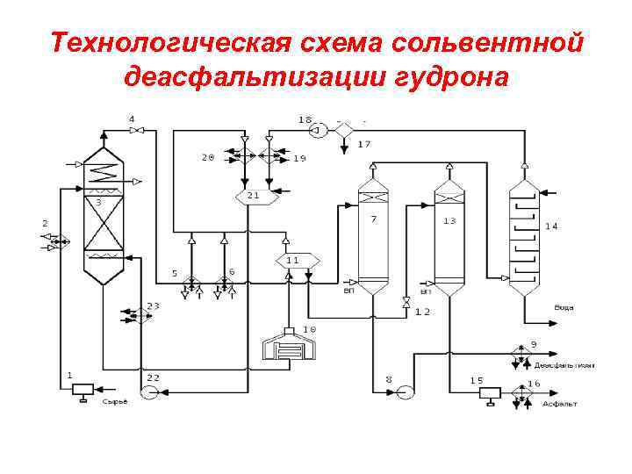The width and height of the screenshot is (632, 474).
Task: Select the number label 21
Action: click(x=253, y=195)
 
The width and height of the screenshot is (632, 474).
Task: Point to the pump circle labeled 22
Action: click(x=149, y=391)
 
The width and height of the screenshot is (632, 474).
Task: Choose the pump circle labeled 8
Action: click(x=405, y=391)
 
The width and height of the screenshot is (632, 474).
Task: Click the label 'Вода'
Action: click(x=564, y=307)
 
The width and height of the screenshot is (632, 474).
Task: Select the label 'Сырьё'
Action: click(x=115, y=402)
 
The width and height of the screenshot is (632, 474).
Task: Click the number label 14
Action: click(x=551, y=226)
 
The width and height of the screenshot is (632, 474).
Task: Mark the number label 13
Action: click(x=449, y=221)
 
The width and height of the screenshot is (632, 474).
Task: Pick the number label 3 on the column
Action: click(x=98, y=202)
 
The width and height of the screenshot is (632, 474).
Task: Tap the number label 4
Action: click(x=132, y=118)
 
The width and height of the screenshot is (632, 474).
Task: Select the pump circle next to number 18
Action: click(x=318, y=130)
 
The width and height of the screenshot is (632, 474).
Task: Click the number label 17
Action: click(x=363, y=144)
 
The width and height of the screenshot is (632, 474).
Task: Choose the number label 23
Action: click(x=153, y=306)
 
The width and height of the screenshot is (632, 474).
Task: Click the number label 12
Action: click(x=422, y=312)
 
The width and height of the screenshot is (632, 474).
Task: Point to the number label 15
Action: click(x=477, y=380)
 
